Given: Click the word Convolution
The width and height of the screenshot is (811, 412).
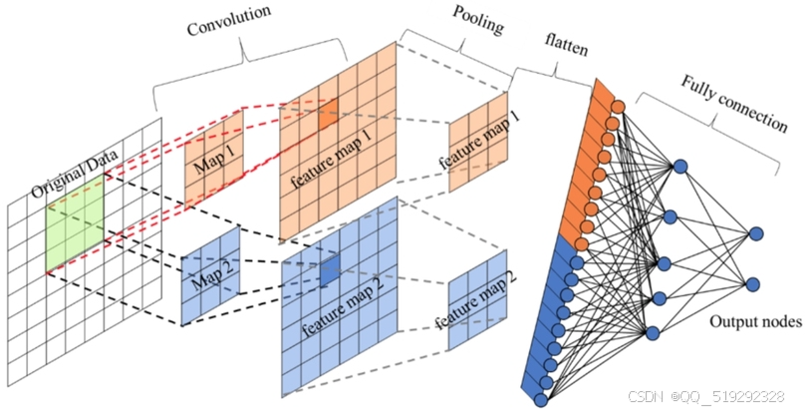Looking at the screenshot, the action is [228, 21].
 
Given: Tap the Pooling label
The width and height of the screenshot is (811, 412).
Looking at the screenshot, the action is [478, 20].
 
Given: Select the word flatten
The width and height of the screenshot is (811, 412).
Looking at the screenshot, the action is [566, 45].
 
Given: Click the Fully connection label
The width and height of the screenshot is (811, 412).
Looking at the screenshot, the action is [734, 104].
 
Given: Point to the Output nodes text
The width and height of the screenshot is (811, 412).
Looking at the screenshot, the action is [755, 321].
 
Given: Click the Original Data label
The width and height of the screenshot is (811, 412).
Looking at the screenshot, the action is [75, 174].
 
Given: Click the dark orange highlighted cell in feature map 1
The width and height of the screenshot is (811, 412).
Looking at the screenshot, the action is [328, 114].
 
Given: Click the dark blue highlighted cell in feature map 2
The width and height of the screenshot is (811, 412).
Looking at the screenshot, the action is [330, 271].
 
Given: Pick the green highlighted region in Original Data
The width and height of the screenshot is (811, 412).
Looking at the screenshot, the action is [75, 222].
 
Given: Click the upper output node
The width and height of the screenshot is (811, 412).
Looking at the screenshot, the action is [756, 234].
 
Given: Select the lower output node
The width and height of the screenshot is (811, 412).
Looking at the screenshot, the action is [753, 284].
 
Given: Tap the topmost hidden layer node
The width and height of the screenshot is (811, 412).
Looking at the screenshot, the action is [680, 167].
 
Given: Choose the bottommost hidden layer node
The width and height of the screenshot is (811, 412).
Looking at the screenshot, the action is [653, 333].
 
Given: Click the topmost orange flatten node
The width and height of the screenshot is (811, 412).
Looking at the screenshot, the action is [618, 107].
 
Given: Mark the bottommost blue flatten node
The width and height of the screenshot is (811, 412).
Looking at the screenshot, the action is [540, 400].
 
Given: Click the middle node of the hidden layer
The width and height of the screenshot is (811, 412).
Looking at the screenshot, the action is [665, 264].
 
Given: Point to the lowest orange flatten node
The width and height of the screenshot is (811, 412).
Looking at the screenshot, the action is [582, 243].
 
